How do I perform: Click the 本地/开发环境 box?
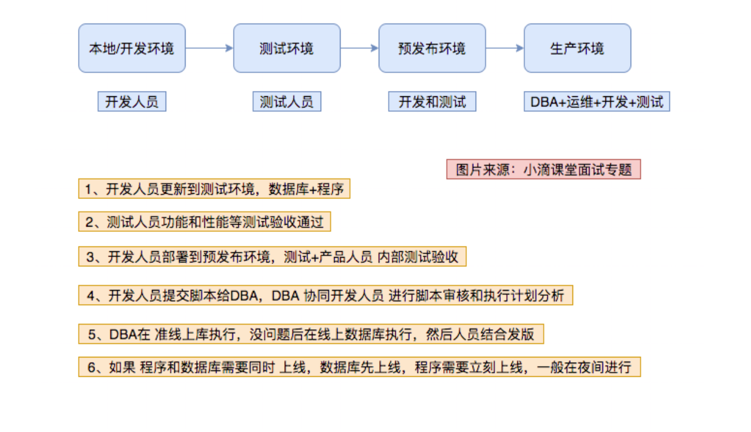tap(132, 48)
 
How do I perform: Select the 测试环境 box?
tap(287, 48)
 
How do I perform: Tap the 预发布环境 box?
tap(432, 48)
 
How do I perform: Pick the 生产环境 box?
tap(577, 48)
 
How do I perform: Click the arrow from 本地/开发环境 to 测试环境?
tap(209, 48)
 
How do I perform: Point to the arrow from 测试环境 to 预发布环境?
tap(359, 48)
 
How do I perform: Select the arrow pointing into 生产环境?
tap(504, 48)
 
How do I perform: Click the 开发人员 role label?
tap(132, 102)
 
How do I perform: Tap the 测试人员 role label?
tap(287, 102)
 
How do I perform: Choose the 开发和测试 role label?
tap(432, 102)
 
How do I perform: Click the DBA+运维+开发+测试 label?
tap(597, 102)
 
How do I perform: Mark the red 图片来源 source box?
tap(543, 169)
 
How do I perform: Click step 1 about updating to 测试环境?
tap(214, 189)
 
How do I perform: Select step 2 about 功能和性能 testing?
tap(204, 222)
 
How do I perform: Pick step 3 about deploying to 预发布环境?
tap(272, 256)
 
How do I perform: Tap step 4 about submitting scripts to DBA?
tap(325, 295)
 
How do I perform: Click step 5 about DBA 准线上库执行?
tap(311, 334)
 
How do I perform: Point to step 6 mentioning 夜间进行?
tap(359, 367)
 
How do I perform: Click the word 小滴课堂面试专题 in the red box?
tap(578, 169)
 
